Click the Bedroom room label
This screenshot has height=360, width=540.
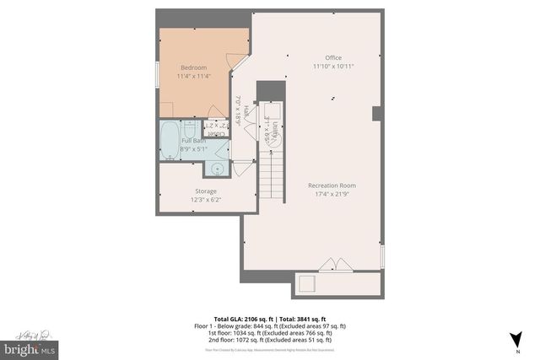(193, 67)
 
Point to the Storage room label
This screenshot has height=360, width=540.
(207, 191)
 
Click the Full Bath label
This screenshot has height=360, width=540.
(193, 141)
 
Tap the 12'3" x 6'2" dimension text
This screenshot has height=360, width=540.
(207, 200)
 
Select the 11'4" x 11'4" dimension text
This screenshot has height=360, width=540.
(193, 76)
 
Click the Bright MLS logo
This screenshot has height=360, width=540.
(29, 347)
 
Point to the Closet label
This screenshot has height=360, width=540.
(216, 131)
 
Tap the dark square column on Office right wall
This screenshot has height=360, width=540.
(377, 113)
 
